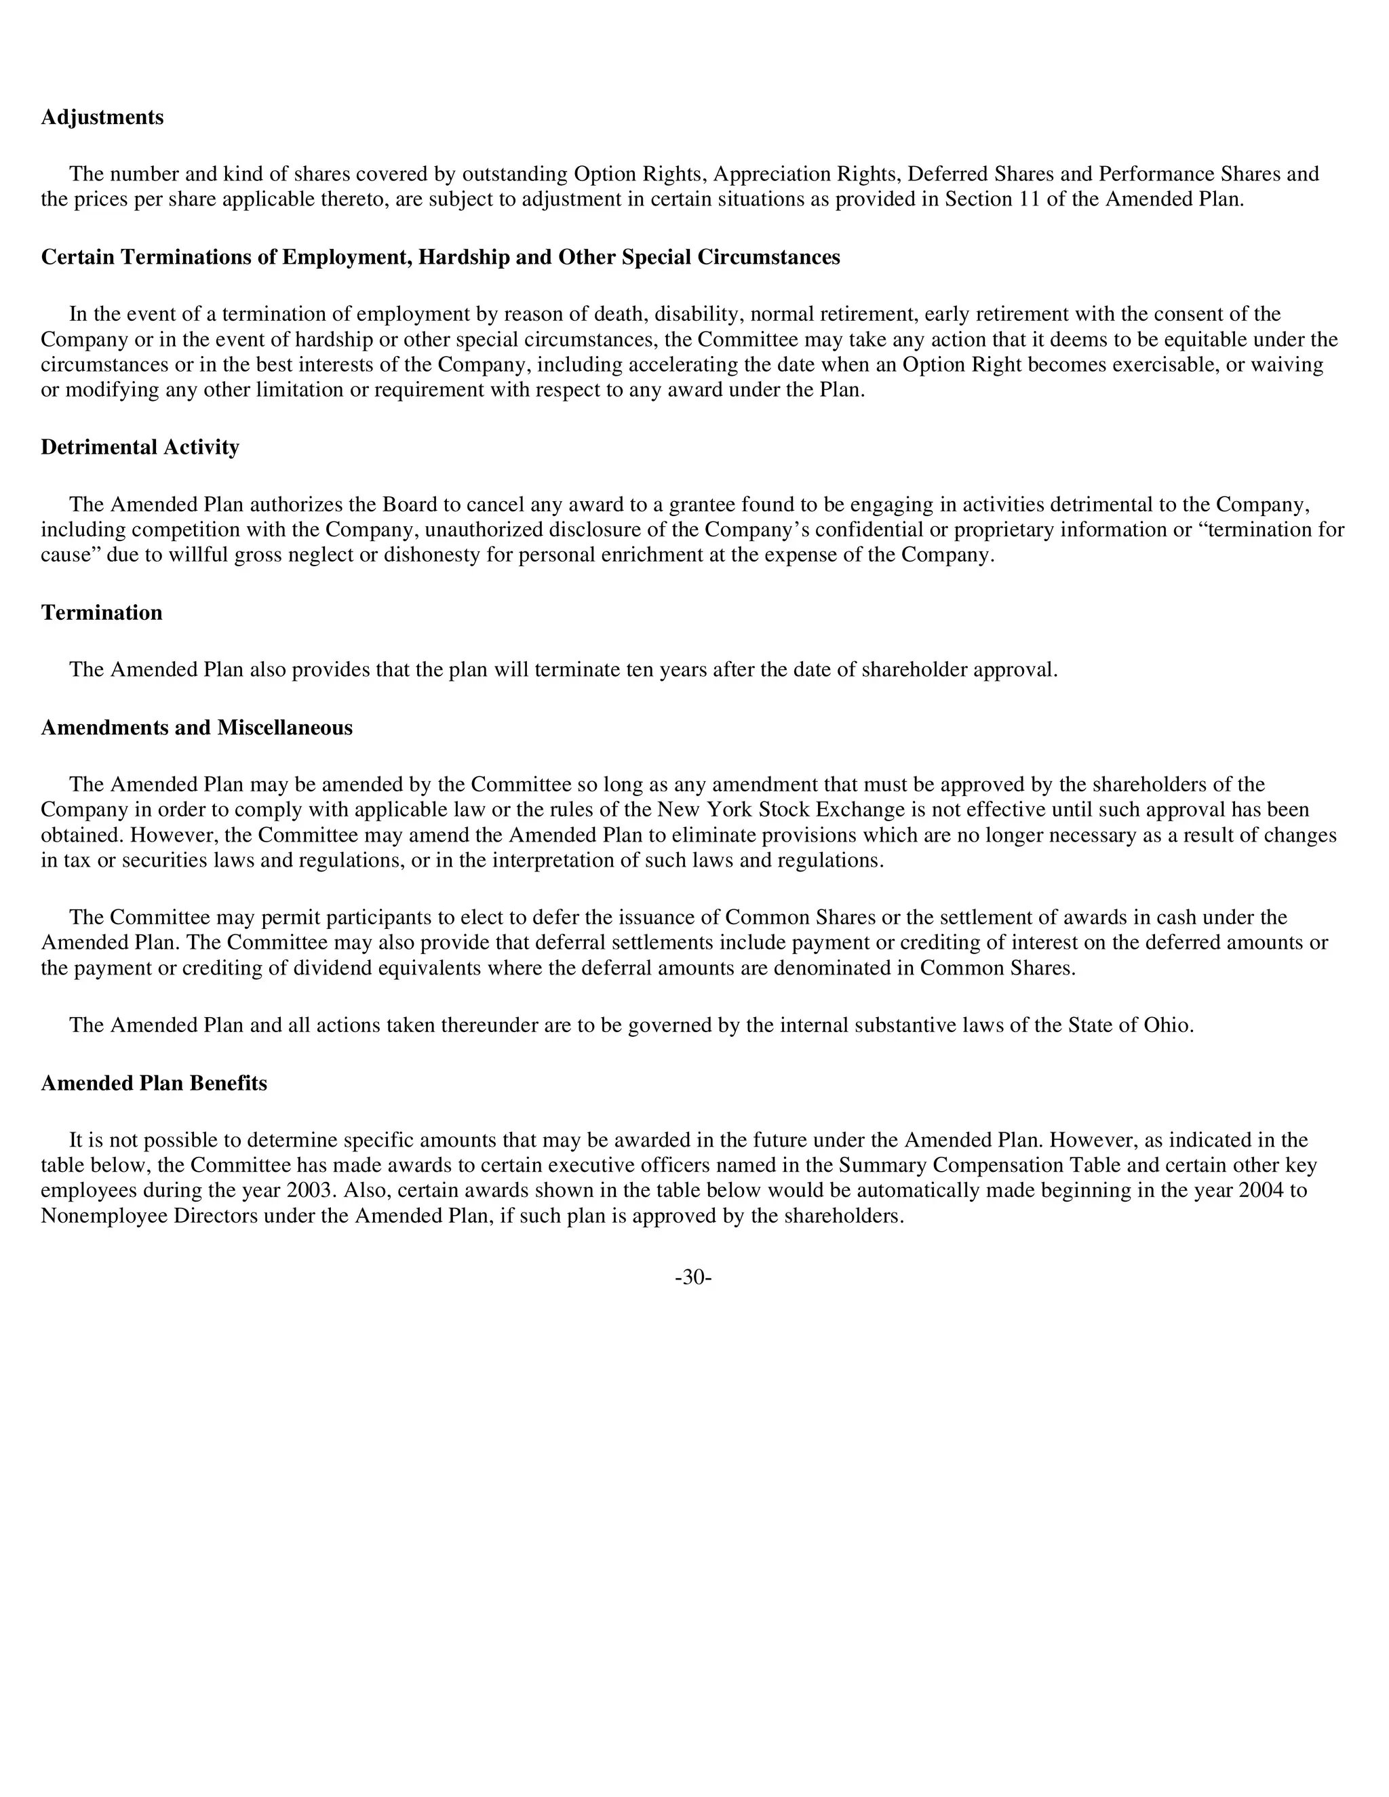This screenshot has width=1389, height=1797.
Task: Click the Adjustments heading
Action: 102,118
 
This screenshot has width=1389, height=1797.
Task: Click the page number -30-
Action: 693,1277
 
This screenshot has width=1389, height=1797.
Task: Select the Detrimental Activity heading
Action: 140,448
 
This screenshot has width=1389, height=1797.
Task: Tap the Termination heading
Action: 101,613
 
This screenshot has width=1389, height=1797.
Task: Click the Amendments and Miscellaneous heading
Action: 197,728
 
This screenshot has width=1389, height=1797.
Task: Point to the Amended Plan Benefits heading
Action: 154,1084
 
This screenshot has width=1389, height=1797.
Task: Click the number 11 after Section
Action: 1030,200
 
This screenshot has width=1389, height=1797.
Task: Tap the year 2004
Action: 1260,1191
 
